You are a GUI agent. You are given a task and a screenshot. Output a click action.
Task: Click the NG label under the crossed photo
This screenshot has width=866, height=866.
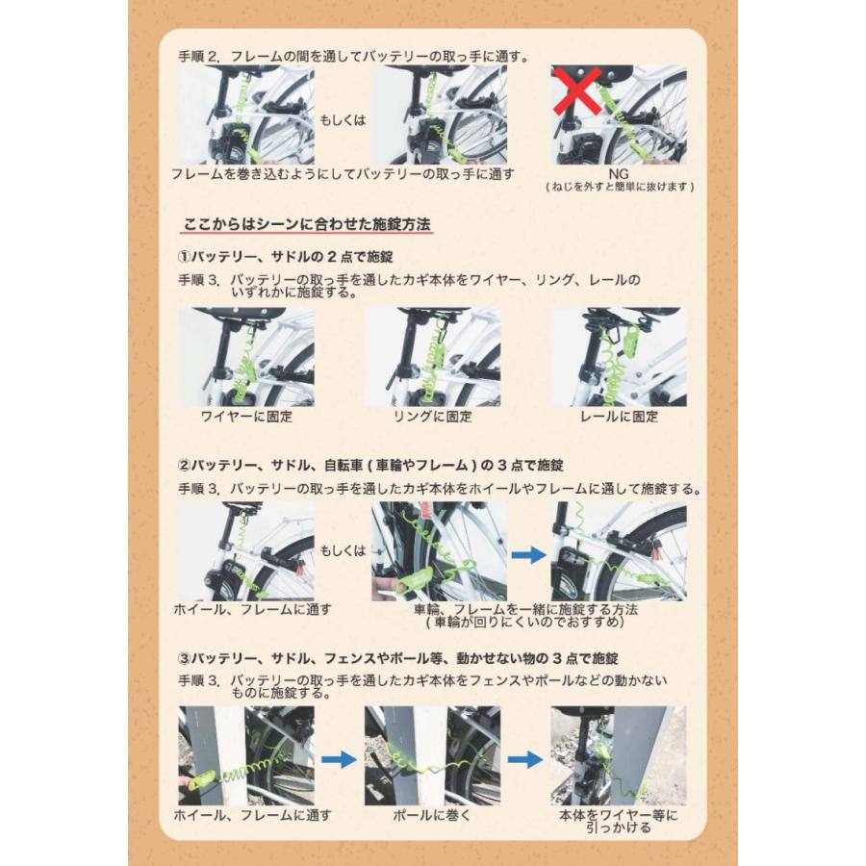(x=619, y=173)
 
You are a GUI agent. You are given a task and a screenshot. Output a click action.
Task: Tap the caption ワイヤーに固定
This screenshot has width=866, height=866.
(x=246, y=417)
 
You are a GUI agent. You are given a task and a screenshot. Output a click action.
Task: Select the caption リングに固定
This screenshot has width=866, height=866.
(x=433, y=417)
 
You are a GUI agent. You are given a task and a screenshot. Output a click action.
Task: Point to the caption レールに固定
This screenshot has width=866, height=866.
(x=620, y=417)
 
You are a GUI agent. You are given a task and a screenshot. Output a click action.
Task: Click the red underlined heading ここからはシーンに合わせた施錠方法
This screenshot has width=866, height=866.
(x=307, y=225)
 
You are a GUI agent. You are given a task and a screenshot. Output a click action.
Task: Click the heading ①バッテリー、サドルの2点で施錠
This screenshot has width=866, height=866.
(x=286, y=258)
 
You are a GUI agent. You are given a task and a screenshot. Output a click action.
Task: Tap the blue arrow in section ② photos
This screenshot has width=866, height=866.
(x=528, y=554)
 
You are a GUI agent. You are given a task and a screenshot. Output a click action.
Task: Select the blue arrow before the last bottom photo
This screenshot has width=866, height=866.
(x=525, y=759)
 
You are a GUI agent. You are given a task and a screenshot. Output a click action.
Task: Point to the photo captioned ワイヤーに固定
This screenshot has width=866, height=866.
(x=246, y=357)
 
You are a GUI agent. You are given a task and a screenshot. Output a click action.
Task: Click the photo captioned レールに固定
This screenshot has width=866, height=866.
(x=619, y=357)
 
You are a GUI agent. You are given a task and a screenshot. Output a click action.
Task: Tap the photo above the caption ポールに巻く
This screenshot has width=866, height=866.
(x=432, y=756)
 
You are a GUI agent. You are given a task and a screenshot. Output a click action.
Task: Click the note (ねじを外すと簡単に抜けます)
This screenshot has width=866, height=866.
(x=619, y=187)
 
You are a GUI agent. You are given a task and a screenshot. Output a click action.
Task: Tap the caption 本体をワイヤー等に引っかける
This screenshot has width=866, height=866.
(x=618, y=822)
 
